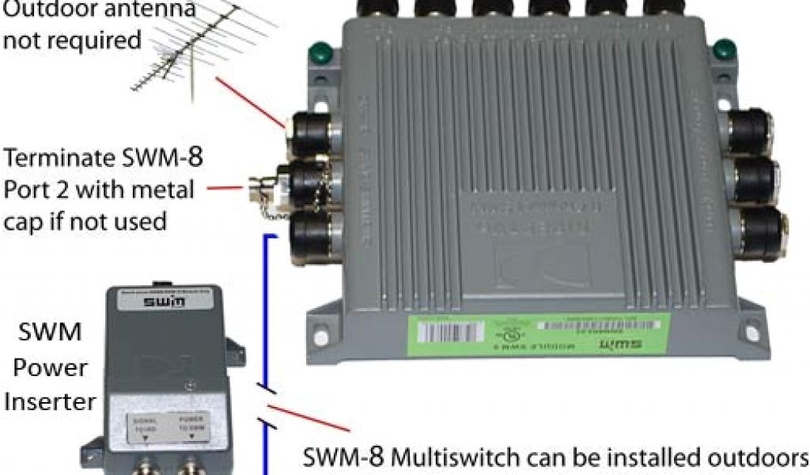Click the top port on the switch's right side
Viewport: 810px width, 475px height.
coord(747,131)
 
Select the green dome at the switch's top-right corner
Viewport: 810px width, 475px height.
coord(721,52)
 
